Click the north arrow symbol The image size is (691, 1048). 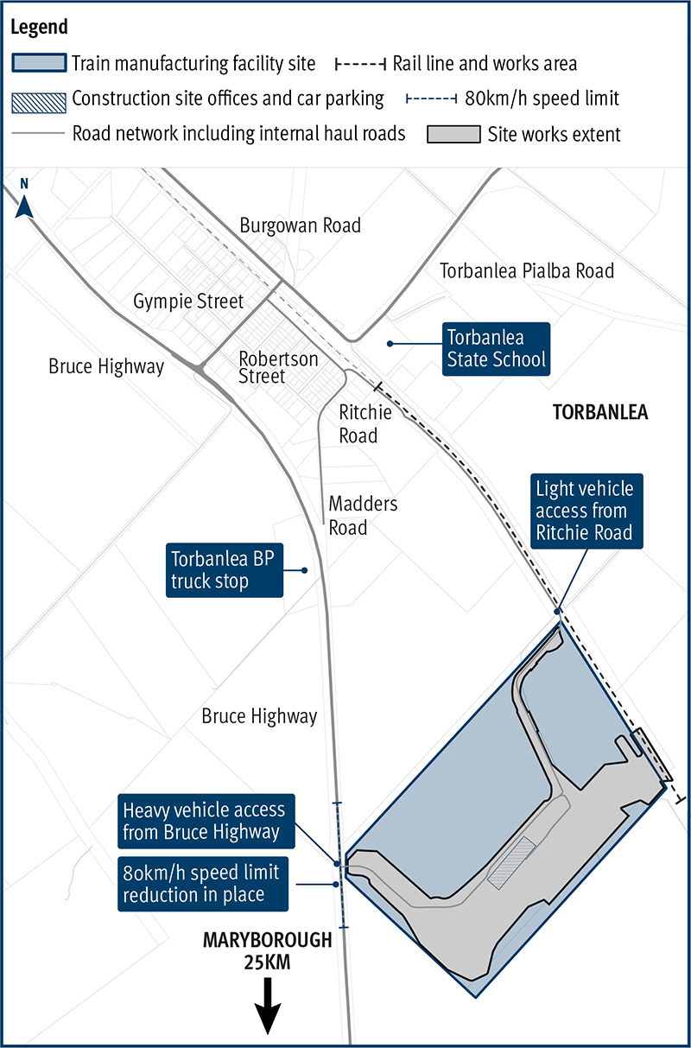point(25,206)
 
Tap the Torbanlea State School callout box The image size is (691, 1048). point(496,348)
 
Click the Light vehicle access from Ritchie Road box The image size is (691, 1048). point(584,511)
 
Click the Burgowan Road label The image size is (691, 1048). point(300,226)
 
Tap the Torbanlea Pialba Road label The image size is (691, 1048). point(527,270)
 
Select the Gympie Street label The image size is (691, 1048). point(188,302)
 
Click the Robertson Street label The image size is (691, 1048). point(278,367)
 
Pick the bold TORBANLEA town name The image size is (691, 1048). point(599,412)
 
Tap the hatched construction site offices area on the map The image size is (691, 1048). point(511,862)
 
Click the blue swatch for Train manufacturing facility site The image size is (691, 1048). point(39,63)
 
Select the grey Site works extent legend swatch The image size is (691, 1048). point(453,135)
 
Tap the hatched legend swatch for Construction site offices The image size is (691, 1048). point(39,99)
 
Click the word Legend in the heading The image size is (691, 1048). point(40,27)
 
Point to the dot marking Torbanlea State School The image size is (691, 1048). point(390,344)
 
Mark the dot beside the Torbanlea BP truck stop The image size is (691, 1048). point(305,569)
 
